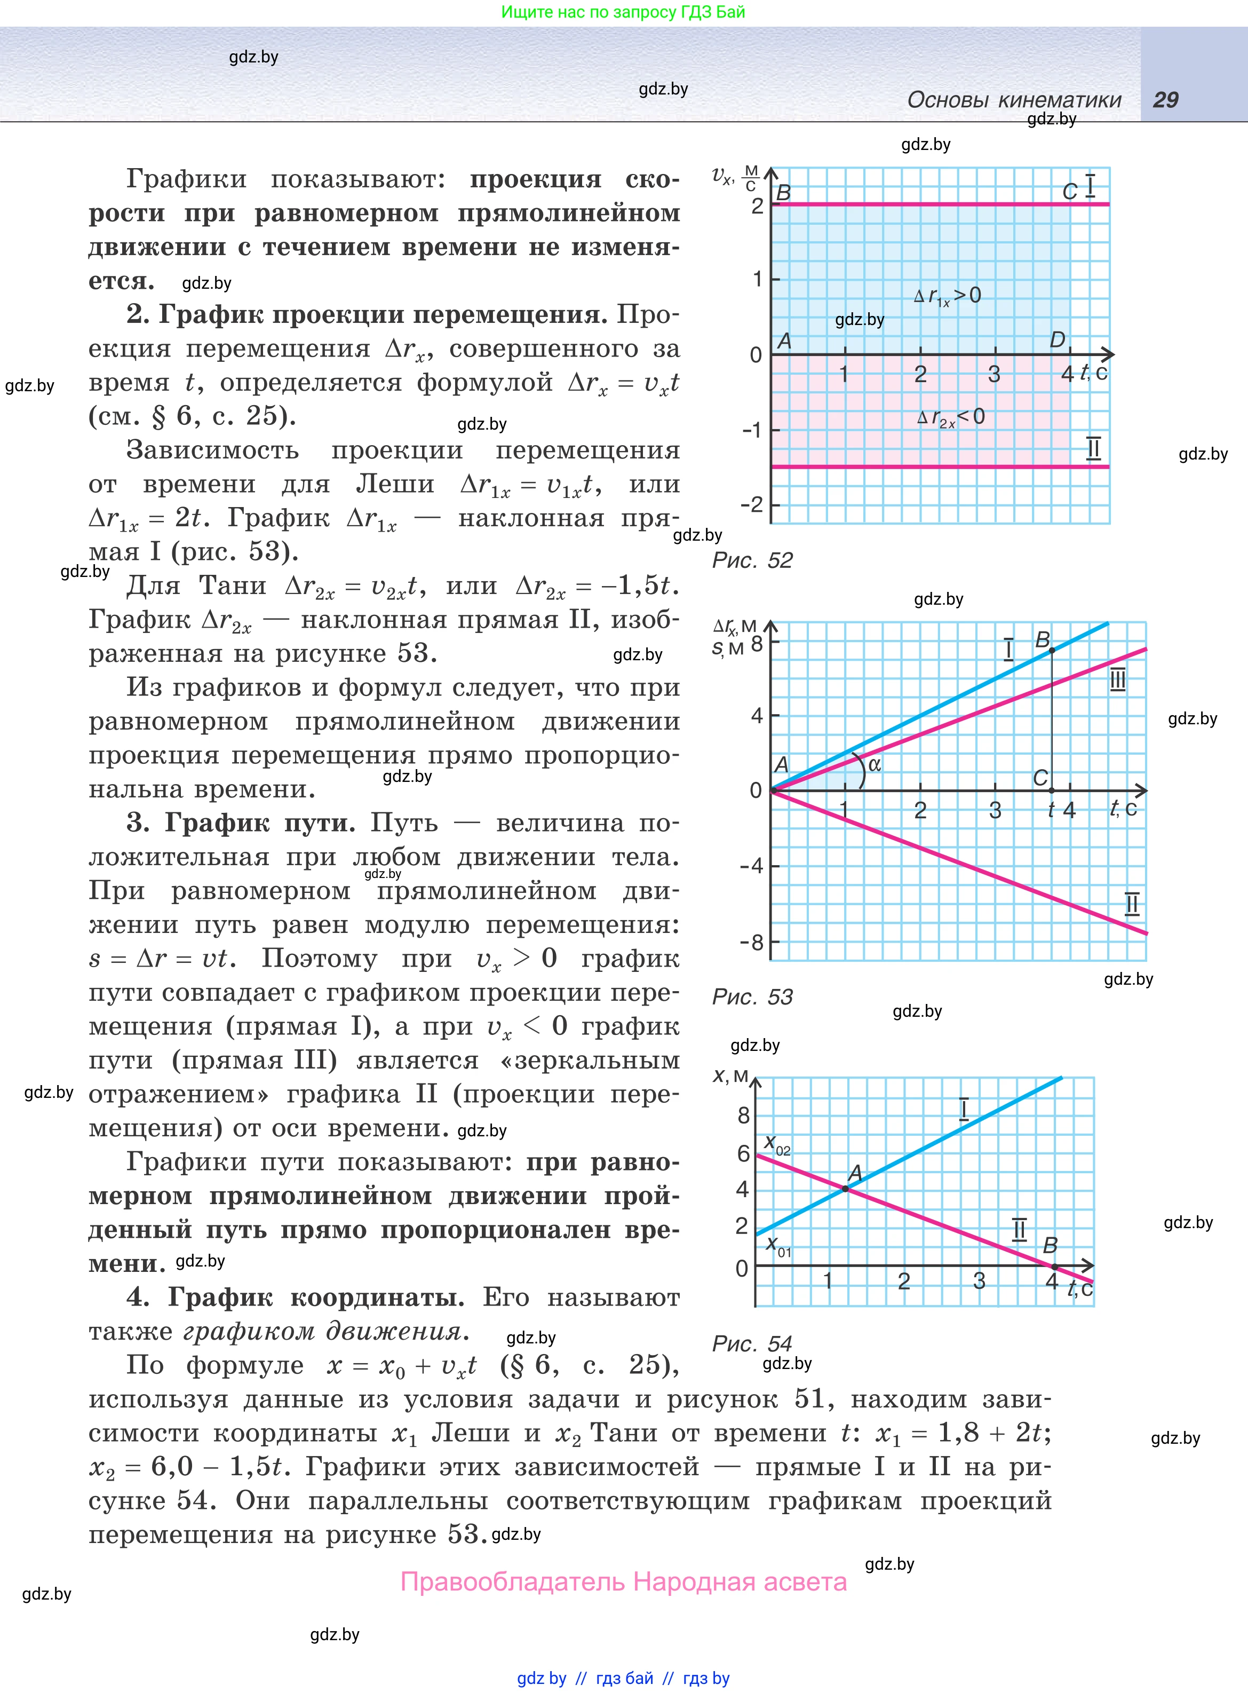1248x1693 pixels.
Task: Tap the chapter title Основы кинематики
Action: coord(1014,100)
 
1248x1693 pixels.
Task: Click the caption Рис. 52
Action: coord(752,560)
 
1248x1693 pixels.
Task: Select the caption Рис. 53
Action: coord(752,996)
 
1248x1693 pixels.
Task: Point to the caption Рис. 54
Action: coord(752,1343)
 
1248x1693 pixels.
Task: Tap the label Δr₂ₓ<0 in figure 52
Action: coord(950,417)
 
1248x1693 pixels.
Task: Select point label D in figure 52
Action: coord(1058,340)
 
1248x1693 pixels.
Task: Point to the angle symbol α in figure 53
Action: coord(875,764)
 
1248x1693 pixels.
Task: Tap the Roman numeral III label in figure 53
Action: coord(1117,681)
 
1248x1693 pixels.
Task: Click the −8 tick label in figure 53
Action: coord(752,942)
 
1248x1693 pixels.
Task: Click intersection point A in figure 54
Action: coord(845,1188)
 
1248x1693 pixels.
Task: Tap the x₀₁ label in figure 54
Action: coord(778,1246)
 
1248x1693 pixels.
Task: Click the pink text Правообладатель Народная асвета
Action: coord(623,1581)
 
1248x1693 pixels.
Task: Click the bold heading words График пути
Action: coord(260,822)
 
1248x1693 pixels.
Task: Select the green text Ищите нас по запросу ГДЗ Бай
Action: coord(623,12)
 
